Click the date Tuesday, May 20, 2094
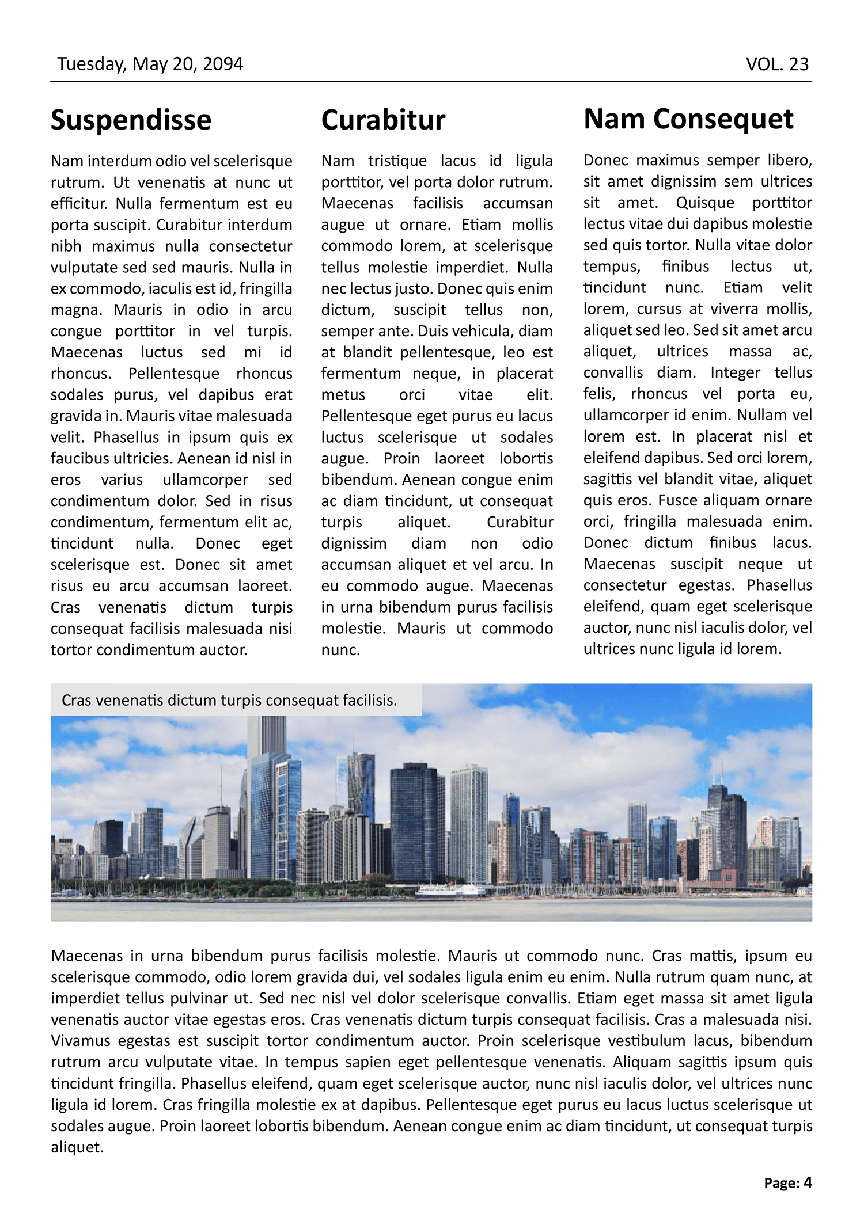point(150,63)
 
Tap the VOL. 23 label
point(777,64)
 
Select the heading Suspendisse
point(131,120)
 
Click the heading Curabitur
point(383,120)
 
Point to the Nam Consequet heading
point(688,119)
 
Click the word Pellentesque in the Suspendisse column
point(173,374)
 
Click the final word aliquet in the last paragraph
point(77,1147)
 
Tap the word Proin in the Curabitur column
point(402,459)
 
